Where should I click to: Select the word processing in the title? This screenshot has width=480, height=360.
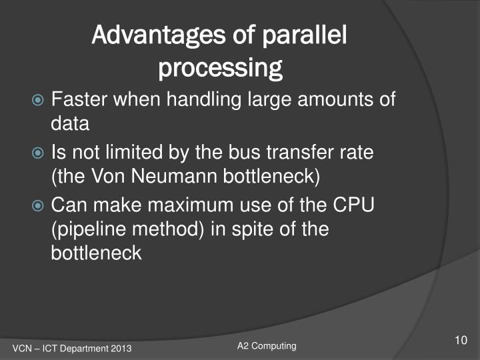click(220, 67)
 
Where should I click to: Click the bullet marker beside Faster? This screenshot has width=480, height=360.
click(40, 101)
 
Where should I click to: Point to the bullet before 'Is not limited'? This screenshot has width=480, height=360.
click(40, 153)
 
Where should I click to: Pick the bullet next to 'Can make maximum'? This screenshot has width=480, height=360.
click(40, 205)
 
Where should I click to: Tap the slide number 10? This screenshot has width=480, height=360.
click(460, 341)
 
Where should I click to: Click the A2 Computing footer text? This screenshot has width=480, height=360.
click(267, 345)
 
